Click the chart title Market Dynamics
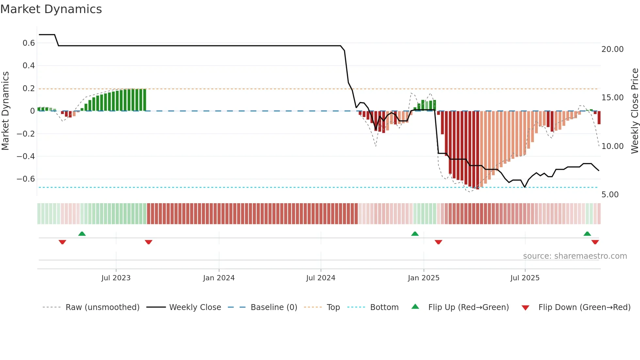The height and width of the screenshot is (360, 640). tap(51, 9)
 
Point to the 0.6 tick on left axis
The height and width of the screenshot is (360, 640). tap(29, 43)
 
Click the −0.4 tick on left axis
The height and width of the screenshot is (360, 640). tap(26, 156)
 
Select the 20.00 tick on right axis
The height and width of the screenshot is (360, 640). tap(612, 49)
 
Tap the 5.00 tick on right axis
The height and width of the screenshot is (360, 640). tap(610, 195)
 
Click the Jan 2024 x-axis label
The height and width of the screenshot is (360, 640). tap(219, 278)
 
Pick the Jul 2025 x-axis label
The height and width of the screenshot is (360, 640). tap(525, 278)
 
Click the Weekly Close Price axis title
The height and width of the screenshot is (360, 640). tap(634, 111)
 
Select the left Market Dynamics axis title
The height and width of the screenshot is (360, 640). tap(5, 111)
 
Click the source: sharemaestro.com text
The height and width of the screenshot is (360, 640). tap(575, 256)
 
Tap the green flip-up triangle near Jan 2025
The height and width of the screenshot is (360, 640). tap(415, 234)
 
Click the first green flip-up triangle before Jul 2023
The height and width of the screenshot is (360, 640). tap(82, 234)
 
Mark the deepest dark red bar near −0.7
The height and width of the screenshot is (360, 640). tap(477, 150)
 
